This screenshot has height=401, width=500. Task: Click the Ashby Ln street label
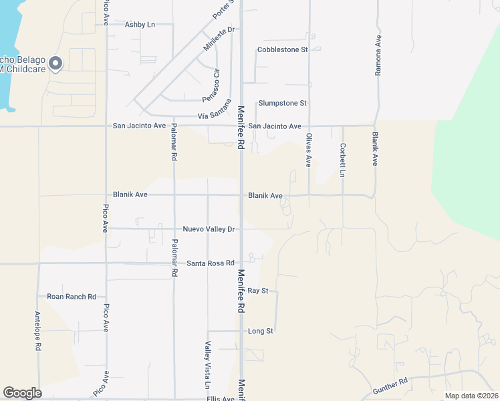click(x=140, y=24)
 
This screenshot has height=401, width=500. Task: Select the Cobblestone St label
click(x=282, y=49)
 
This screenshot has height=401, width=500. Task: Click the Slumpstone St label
click(x=282, y=103)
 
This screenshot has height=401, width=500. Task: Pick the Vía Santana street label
click(x=215, y=110)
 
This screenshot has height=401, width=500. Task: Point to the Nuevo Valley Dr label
click(x=209, y=229)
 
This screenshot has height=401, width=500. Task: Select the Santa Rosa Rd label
click(x=210, y=263)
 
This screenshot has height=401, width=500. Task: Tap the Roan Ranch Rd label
click(x=72, y=297)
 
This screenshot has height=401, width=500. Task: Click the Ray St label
click(x=257, y=291)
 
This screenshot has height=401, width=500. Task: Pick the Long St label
click(x=260, y=331)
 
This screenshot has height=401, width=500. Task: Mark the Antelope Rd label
click(x=38, y=330)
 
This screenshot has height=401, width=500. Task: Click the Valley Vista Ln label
click(x=207, y=366)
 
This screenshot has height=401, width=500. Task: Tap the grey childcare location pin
click(x=55, y=63)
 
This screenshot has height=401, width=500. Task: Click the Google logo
click(x=22, y=393)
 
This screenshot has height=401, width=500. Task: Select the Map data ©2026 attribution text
click(x=471, y=396)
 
